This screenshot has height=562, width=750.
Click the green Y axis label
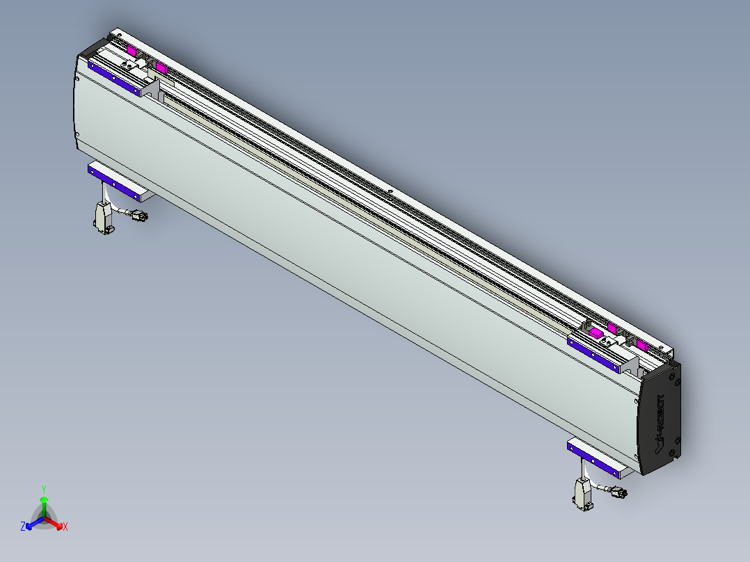tap(44, 489)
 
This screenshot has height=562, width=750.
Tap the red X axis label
tap(65, 527)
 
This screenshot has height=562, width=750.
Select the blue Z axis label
tap(23, 527)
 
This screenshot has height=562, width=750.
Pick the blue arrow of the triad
tap(32, 523)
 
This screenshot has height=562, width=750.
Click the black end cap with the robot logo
tap(660, 418)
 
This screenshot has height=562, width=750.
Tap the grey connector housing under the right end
tap(582, 495)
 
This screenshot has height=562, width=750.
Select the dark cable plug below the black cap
tap(617, 493)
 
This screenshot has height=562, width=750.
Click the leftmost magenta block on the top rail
tap(131, 50)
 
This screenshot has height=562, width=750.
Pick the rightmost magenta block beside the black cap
tap(641, 345)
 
